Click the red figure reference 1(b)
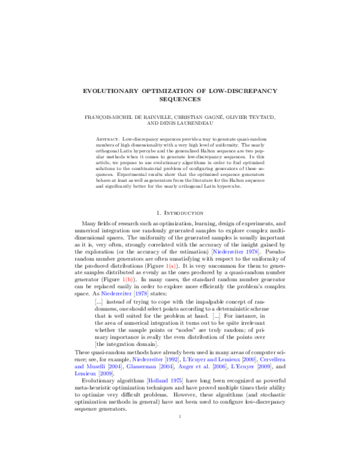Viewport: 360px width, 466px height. (171, 266)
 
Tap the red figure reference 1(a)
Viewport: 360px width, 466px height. (127, 280)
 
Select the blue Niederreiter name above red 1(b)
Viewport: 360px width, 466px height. (228, 252)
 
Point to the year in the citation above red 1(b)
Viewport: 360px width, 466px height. (252, 252)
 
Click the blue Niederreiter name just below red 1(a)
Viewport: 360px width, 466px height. (116, 294)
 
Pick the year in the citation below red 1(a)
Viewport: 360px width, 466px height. (141, 294)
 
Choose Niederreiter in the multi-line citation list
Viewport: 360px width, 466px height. (147, 360)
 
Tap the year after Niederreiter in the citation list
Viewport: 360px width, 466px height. (172, 360)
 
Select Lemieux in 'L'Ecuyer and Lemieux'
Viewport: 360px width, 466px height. (229, 360)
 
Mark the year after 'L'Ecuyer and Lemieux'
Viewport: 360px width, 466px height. (249, 360)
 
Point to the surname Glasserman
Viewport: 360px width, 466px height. (141, 367)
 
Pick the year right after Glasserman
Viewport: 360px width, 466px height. (167, 367)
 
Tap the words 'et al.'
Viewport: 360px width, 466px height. (202, 367)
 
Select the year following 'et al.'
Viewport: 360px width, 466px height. (220, 367)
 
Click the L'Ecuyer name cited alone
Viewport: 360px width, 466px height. (242, 367)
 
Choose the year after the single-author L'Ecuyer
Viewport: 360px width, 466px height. (265, 367)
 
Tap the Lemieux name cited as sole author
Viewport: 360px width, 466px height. (85, 374)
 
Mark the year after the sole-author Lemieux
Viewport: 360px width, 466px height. (106, 374)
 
